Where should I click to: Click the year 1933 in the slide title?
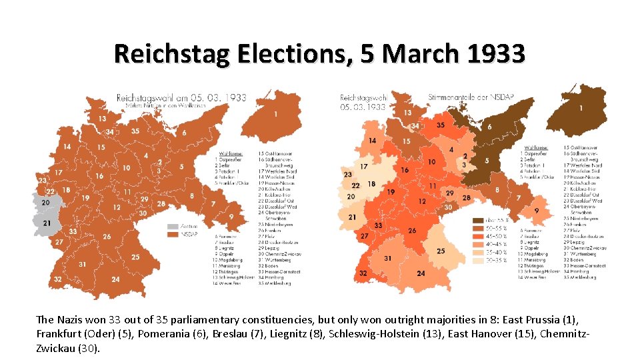click(495, 53)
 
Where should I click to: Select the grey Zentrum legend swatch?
click(173, 226)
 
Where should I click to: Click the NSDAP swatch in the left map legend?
click(173, 235)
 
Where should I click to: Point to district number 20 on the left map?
click(45, 202)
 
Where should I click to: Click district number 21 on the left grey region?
click(47, 223)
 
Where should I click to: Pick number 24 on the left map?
click(115, 279)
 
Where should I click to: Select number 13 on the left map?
click(102, 119)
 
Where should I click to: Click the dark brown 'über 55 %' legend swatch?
click(478, 220)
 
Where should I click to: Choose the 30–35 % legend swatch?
click(478, 261)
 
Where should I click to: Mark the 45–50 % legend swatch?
click(478, 236)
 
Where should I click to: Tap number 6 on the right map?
click(489, 127)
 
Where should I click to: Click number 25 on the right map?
click(441, 251)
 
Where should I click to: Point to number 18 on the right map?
click(371, 184)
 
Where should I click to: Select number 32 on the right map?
click(363, 273)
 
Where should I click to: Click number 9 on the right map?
click(536, 211)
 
